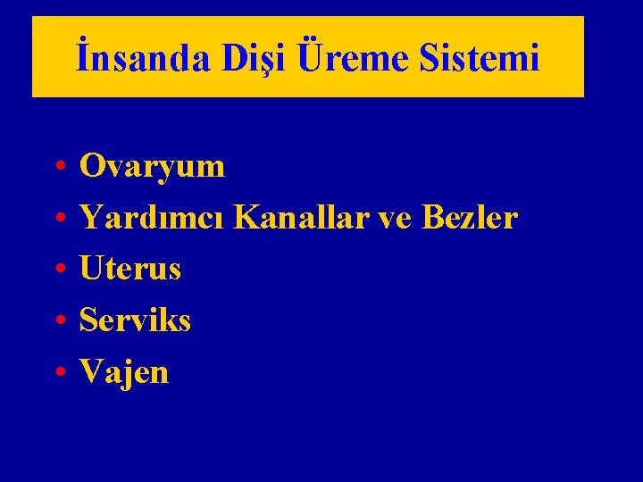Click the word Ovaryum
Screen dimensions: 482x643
tap(152, 166)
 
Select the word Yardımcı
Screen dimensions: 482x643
tap(154, 217)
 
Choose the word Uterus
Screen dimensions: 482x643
tap(130, 269)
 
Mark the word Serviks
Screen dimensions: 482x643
tap(135, 320)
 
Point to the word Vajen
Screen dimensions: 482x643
tap(124, 371)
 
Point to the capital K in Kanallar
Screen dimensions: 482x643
tap(246, 217)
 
